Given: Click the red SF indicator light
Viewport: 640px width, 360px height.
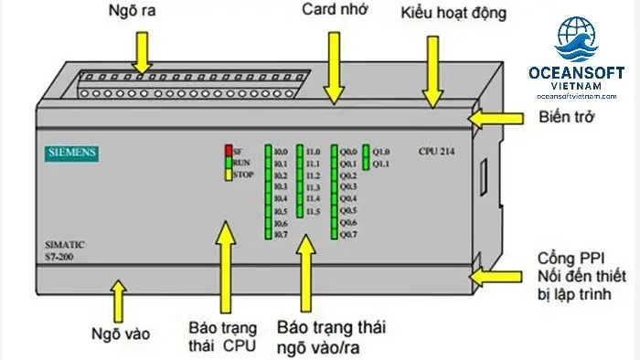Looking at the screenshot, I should click(x=228, y=150).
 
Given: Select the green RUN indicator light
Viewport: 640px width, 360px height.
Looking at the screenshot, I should click(x=228, y=162).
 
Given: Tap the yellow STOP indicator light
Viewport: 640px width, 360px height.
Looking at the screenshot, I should click(x=228, y=174).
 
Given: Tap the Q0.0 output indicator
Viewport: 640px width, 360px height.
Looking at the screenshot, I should click(x=335, y=151).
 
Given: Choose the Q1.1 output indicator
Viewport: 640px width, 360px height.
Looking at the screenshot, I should click(x=366, y=163).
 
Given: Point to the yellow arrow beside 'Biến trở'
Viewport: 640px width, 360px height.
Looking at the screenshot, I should click(x=494, y=117).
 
